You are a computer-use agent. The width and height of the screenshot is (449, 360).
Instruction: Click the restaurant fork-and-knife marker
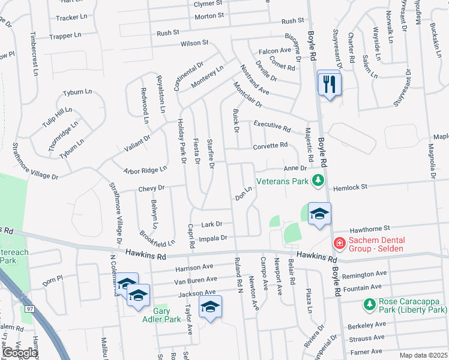[x=329, y=83]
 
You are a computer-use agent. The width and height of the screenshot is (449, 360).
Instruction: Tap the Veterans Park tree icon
[x=318, y=181]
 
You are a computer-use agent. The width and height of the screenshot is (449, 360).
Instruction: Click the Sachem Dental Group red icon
[x=339, y=243]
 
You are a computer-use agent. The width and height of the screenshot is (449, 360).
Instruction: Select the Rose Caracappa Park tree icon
[x=370, y=305]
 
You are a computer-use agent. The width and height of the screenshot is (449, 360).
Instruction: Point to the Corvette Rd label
[x=270, y=145]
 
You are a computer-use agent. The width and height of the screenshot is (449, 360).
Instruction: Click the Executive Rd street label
[x=272, y=126]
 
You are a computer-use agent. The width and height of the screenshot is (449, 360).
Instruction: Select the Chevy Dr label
[x=151, y=188]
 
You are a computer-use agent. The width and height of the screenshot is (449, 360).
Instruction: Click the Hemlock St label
[x=350, y=188]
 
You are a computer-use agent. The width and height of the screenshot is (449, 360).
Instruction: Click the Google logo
[x=20, y=353]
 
